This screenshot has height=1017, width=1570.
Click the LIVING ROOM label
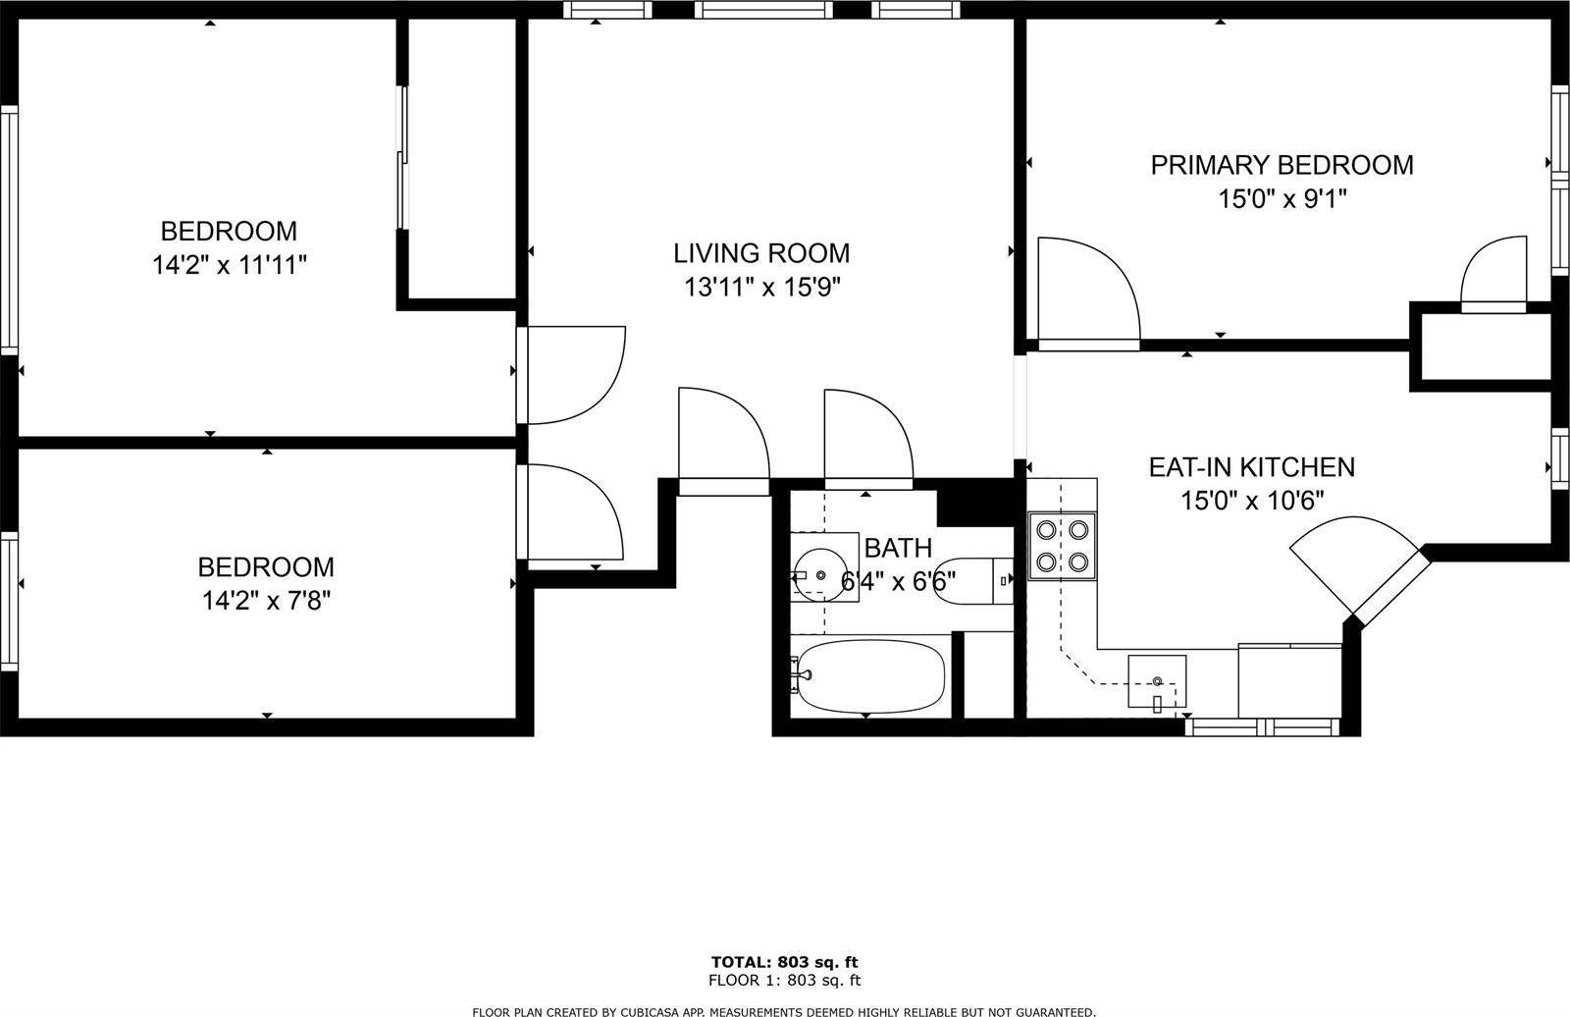tap(761, 253)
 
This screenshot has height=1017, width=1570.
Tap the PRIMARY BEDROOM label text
tap(1282, 166)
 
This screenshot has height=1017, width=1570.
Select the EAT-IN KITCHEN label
tap(1252, 467)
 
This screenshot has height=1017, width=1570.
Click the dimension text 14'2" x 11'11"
tap(230, 265)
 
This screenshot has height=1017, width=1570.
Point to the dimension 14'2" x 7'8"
tap(266, 601)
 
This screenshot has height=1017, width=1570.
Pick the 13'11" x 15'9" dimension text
tap(761, 287)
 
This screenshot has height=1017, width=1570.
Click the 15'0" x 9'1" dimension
tap(1282, 199)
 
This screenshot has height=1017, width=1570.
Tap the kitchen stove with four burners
tap(1062, 546)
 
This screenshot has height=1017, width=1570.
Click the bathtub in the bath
tap(870, 676)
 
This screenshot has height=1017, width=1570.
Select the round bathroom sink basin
tap(820, 575)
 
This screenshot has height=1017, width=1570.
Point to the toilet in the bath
tap(973, 581)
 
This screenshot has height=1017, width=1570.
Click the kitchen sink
tap(1157, 681)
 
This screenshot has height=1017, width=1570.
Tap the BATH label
tap(898, 548)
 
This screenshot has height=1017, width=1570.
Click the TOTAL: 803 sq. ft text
tap(784, 962)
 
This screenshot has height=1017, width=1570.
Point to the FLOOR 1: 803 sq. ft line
tap(784, 981)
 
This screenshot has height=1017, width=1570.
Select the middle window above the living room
tap(764, 10)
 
